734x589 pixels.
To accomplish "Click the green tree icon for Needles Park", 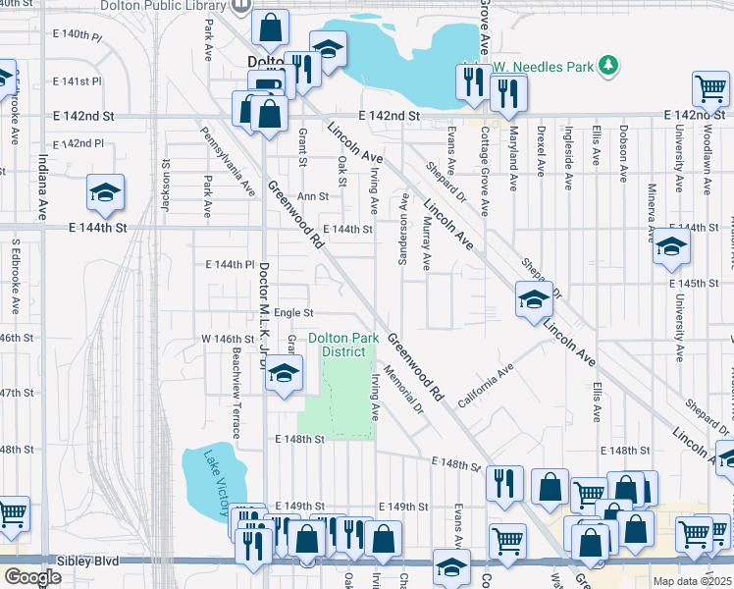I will point(609,66).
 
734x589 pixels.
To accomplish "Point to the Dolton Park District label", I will point(343,345).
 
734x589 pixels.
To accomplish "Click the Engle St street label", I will point(293,313).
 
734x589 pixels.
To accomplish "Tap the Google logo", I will point(32,577).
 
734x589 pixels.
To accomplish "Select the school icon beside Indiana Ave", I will point(105,192).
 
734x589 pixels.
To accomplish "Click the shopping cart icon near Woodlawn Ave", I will point(710,88).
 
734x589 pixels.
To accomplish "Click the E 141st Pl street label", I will point(78,80).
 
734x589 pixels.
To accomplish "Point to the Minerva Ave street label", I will point(651,212).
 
